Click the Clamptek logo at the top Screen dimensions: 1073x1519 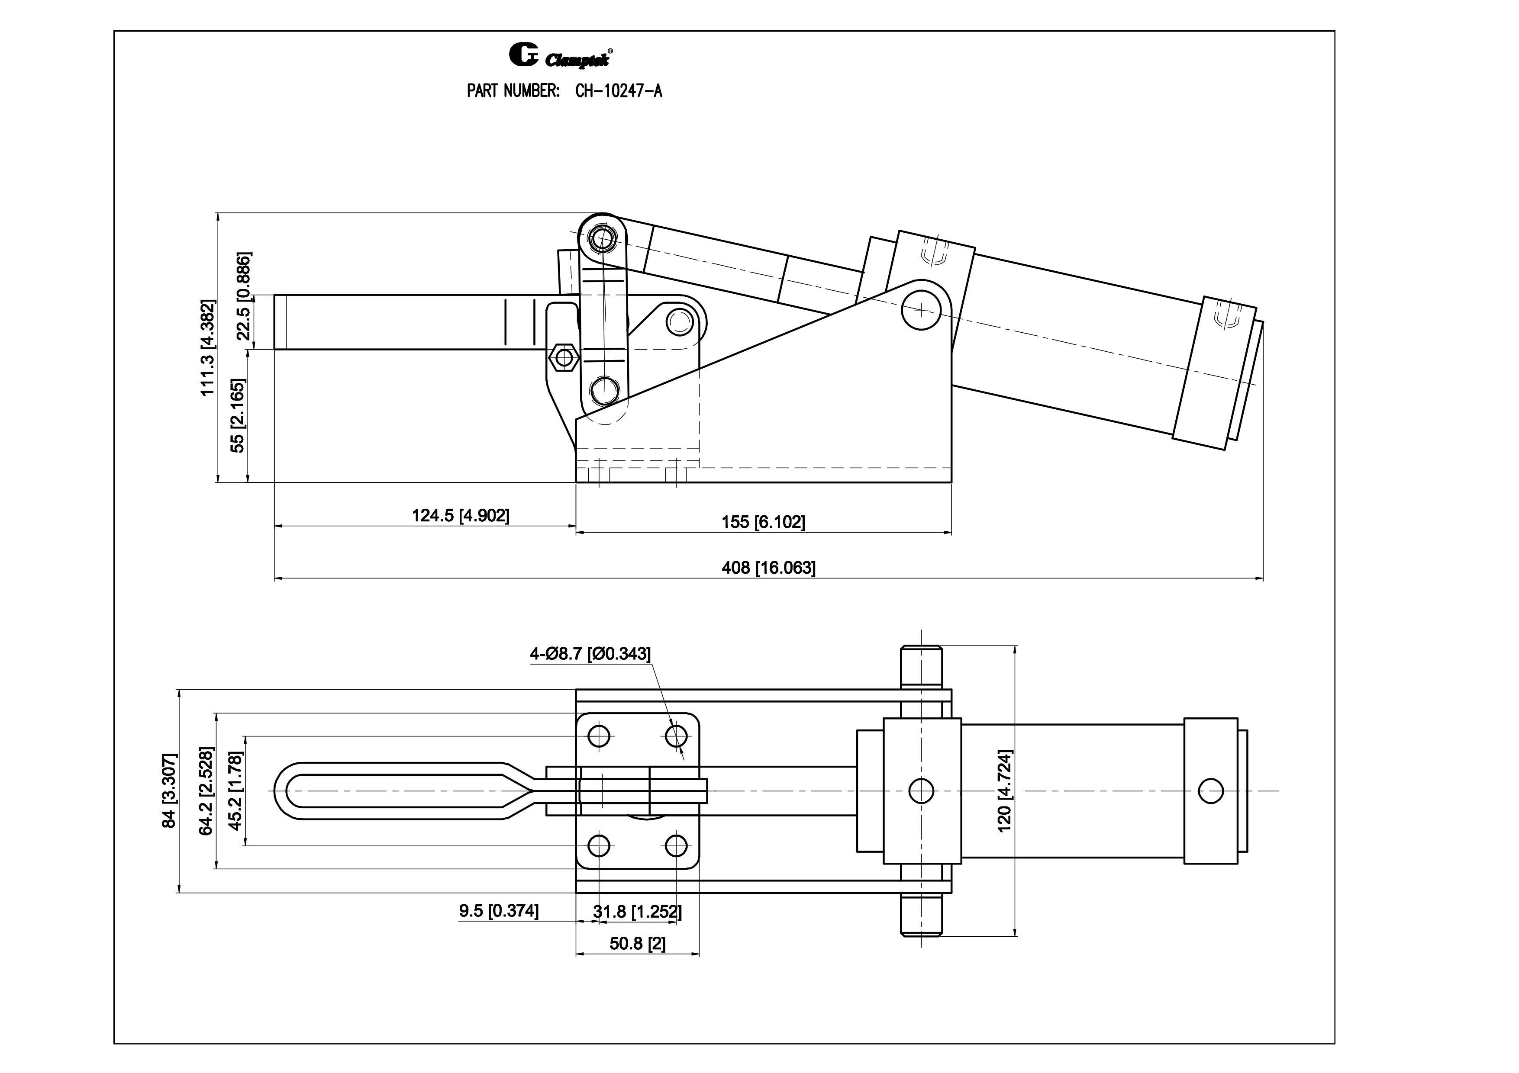click(560, 55)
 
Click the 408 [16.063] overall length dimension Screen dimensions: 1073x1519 click(768, 567)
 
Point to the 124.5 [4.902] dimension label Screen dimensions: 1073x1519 click(461, 515)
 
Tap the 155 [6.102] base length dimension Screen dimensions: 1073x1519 click(763, 522)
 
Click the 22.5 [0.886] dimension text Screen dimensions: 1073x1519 click(243, 296)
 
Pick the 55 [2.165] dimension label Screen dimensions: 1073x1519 click(237, 415)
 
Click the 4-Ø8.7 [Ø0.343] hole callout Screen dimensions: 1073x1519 click(590, 654)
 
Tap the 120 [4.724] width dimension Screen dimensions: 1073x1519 click(1004, 791)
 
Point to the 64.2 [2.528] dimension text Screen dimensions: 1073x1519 click(206, 791)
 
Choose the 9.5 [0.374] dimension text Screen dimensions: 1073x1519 click(499, 911)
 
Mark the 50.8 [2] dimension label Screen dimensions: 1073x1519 click(637, 944)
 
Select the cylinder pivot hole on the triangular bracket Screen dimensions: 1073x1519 click(921, 309)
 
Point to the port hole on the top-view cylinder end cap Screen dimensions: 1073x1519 click(1210, 791)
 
